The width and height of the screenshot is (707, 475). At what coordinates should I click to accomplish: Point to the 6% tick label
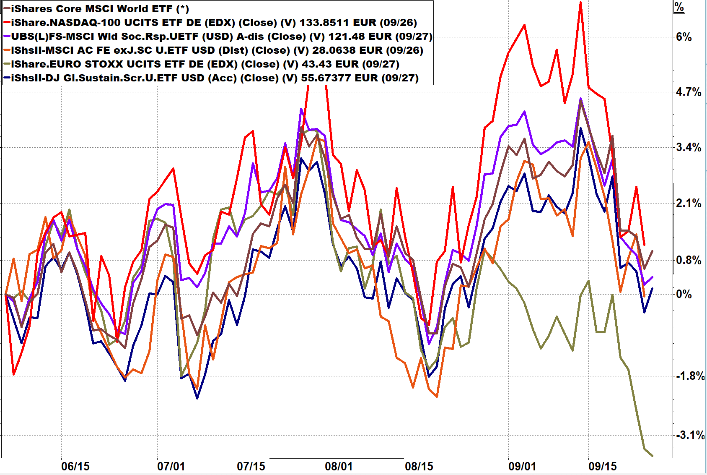click(684, 37)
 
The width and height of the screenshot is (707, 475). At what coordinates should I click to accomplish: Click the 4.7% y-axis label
click(688, 92)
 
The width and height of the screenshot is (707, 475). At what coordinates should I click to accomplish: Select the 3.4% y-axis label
click(688, 147)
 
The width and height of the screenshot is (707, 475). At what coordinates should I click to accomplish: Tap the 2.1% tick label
click(688, 203)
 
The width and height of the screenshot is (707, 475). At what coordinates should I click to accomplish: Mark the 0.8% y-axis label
click(688, 260)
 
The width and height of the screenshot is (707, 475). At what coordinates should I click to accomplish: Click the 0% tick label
click(684, 294)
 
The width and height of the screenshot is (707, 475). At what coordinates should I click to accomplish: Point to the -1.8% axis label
click(690, 376)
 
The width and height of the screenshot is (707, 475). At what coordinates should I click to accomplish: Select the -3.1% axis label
click(690, 435)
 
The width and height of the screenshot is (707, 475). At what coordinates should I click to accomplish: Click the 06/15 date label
click(75, 466)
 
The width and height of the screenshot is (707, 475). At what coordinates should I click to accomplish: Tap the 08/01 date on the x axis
click(339, 466)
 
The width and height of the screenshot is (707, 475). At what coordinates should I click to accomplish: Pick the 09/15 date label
click(603, 466)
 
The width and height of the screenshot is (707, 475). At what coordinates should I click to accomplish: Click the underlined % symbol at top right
click(679, 7)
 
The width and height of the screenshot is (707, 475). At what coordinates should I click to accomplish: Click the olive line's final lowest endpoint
click(652, 456)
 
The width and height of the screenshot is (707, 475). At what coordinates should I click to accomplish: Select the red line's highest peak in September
click(580, 3)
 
